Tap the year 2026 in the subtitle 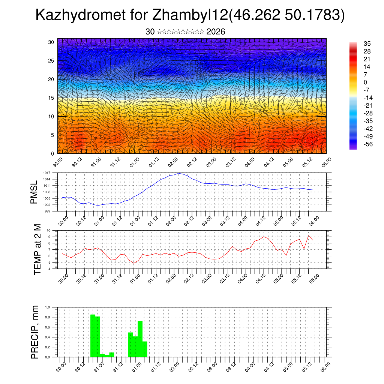(216, 32)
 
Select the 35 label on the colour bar (367, 43)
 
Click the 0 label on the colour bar (365, 82)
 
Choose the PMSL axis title (34, 192)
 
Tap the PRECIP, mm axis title (35, 332)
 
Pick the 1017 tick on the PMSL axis (46, 173)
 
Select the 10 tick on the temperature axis (48, 230)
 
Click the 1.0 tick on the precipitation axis (48, 307)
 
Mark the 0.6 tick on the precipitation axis (48, 327)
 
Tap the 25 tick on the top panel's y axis (51, 60)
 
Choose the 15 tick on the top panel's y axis (51, 98)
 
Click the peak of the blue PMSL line (180, 173)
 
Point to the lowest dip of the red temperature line (134, 263)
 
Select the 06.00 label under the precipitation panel (326, 365)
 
